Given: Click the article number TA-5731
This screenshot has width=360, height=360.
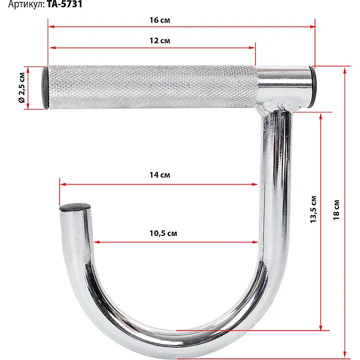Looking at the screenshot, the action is tap(65, 4).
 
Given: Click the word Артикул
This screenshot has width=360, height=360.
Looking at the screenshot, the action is tap(27, 4).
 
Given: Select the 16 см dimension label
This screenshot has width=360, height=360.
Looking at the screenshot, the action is tap(160, 20).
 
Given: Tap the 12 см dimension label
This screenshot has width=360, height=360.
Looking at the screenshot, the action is tap(160, 40).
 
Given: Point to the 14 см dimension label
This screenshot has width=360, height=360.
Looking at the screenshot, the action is tap(160, 175).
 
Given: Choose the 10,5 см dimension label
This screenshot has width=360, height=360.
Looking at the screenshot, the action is tap(163, 233).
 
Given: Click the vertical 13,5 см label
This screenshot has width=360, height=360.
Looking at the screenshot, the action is tap(313, 209).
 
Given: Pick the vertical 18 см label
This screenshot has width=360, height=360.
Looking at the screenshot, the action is tap(336, 210).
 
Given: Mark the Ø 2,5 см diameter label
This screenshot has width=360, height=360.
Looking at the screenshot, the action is tap(22, 88).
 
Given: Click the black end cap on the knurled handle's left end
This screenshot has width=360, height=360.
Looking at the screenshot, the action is tap(45, 88).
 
